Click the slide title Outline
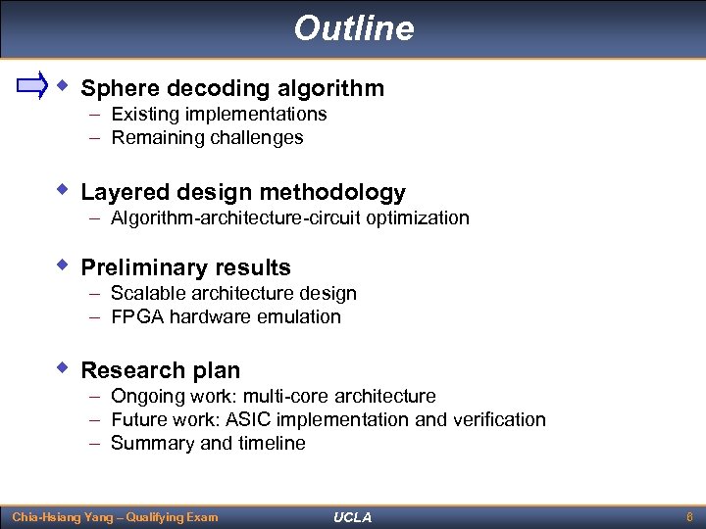pyautogui.click(x=353, y=28)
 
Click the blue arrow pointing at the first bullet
pyautogui.click(x=32, y=86)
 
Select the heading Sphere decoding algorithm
pyautogui.click(x=232, y=89)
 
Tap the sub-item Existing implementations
pyautogui.click(x=219, y=115)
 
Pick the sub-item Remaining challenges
pyautogui.click(x=207, y=138)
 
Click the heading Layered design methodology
pyautogui.click(x=242, y=193)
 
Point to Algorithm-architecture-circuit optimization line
pyautogui.click(x=289, y=218)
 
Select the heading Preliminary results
pyautogui.click(x=185, y=268)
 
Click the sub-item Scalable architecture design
pyautogui.click(x=233, y=294)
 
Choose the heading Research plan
pyautogui.click(x=160, y=371)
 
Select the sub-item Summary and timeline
pyautogui.click(x=208, y=444)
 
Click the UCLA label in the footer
pyautogui.click(x=353, y=517)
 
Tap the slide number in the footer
pyautogui.click(x=690, y=517)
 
